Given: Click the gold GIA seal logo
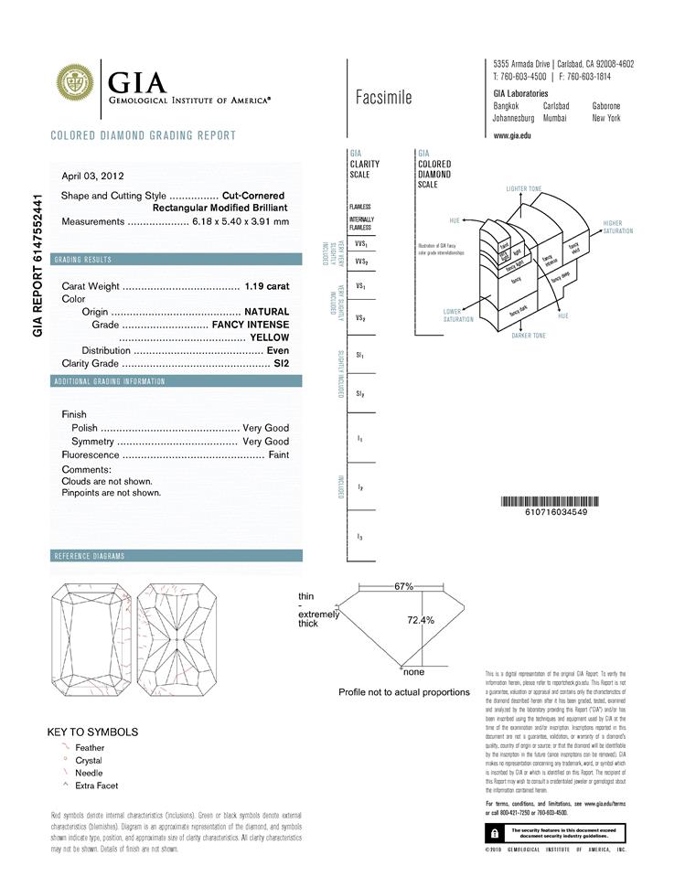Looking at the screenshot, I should [x=76, y=82].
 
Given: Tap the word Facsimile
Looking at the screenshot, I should [x=383, y=98].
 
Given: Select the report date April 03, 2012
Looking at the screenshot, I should [x=92, y=176].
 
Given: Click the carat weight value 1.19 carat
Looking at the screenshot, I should [x=267, y=286].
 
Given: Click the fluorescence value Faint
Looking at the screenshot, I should [x=278, y=454].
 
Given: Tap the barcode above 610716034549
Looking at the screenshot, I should [x=556, y=501].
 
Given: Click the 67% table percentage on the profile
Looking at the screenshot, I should [x=403, y=586].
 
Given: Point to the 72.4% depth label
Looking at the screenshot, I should [x=420, y=620].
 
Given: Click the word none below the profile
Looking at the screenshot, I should [x=413, y=672].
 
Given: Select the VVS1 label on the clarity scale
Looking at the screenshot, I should [x=361, y=244].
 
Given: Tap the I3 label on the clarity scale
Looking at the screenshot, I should [x=361, y=537].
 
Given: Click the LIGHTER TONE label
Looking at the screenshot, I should [x=523, y=188].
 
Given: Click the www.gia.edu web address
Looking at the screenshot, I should [x=512, y=135].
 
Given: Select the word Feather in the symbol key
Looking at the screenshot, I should [x=90, y=748].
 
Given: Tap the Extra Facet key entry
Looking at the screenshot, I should [x=96, y=785].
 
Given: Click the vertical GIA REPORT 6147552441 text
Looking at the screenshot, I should [x=37, y=265].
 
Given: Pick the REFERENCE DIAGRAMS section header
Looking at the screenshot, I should [x=89, y=556].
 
